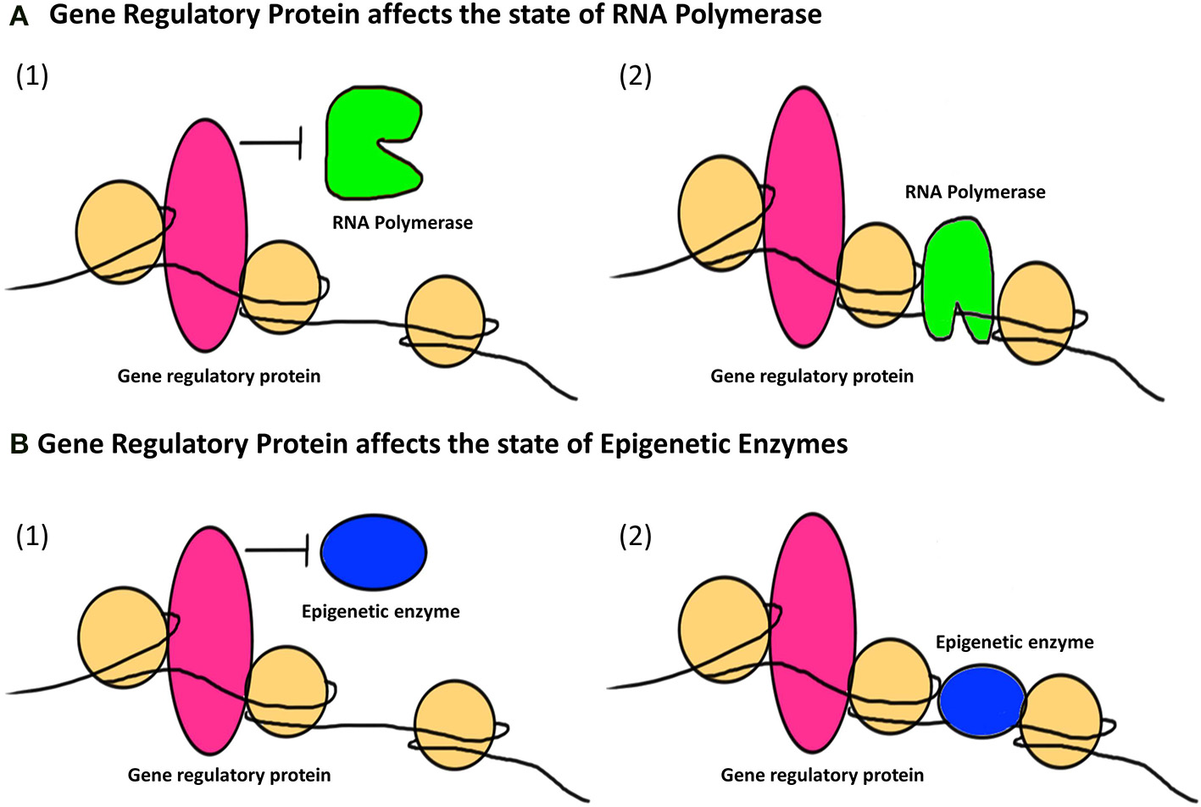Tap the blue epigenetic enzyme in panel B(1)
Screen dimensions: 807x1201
[x=374, y=551]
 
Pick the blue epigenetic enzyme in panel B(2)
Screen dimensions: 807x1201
[x=982, y=702]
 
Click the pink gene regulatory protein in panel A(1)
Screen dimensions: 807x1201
[x=206, y=235]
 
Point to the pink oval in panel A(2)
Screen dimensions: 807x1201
[x=803, y=216]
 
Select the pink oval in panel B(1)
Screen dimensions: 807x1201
[x=209, y=640]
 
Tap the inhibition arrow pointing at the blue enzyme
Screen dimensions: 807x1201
[x=277, y=551]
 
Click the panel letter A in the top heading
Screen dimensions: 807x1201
[x=19, y=17]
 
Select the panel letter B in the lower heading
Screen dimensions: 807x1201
[x=19, y=445]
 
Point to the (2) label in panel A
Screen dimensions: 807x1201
[x=635, y=75]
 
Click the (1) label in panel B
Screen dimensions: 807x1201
[x=32, y=536]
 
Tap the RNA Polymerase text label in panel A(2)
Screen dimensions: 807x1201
[x=975, y=192]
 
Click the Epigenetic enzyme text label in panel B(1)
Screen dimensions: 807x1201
[x=381, y=611]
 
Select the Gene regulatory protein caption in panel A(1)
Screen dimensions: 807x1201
[x=219, y=376]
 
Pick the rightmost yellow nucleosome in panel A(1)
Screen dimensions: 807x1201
[x=445, y=321]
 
